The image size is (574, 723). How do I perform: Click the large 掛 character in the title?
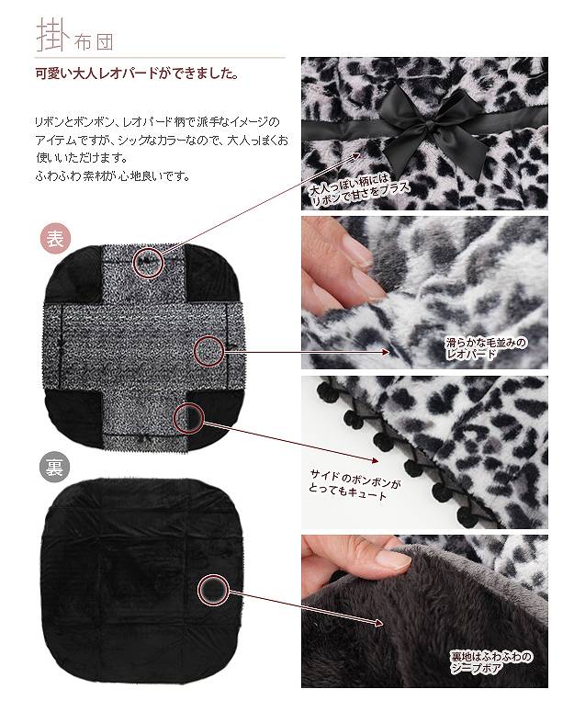pos(52,35)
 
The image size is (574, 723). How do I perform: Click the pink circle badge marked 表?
pos(55,240)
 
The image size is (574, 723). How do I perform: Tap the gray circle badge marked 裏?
pos(55,468)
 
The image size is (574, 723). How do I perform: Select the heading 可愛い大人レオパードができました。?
pos(137,74)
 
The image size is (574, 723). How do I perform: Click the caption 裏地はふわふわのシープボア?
pos(490,662)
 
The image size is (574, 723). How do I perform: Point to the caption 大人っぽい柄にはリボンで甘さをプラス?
pos(359,189)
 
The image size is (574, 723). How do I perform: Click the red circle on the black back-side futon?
pos(213,589)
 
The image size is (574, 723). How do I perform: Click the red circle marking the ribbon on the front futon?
pos(149,263)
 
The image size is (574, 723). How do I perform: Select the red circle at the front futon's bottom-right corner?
pos(188,417)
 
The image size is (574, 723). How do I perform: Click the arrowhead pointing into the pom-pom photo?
pos(375,460)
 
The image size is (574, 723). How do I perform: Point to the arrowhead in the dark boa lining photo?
pos(378,624)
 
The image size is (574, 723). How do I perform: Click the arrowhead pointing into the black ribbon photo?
pos(355,156)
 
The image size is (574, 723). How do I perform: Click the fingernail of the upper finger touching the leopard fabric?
pos(357,251)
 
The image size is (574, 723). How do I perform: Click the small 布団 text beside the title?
pos(93,42)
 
